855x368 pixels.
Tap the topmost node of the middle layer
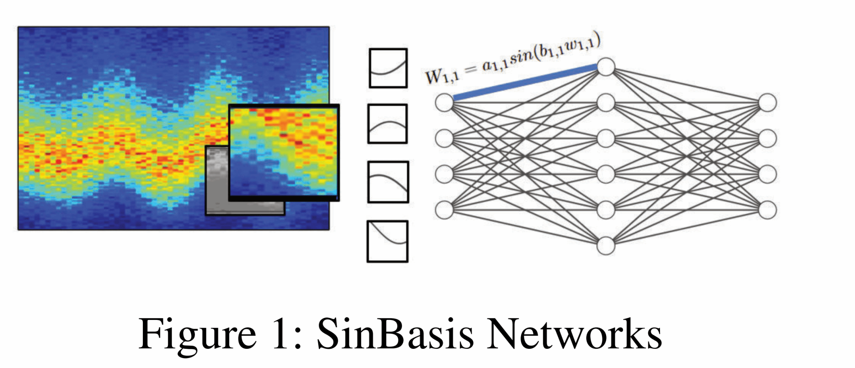coord(606,67)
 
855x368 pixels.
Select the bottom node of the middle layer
coord(606,245)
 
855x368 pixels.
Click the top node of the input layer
coord(444,103)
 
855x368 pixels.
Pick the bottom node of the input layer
coord(444,210)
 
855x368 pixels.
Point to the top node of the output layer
coord(767,103)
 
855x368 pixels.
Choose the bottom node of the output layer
coord(767,210)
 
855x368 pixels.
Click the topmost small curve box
coord(388,68)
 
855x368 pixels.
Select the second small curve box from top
coord(387,124)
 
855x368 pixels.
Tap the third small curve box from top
coord(388,182)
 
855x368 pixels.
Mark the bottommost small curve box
coord(387,241)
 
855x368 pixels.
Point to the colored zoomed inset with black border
coord(284,152)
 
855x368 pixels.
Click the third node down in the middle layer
coord(606,138)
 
